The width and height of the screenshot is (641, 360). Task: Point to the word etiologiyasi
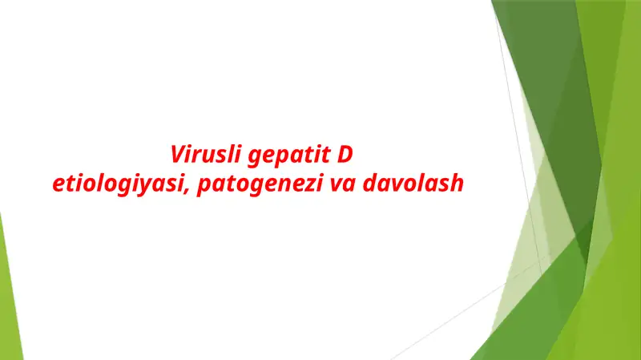point(121,184)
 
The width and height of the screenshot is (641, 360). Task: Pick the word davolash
point(413,183)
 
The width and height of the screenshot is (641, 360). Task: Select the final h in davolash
point(458,183)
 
